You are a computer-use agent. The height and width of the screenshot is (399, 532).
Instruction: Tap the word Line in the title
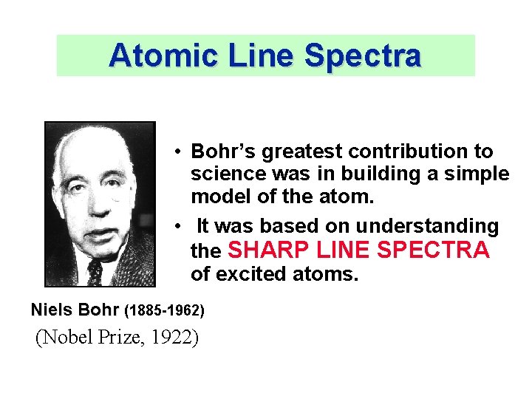[253, 55]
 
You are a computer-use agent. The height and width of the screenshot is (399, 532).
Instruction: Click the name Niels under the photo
[53, 308]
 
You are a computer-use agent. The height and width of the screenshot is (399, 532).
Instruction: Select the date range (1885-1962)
[164, 309]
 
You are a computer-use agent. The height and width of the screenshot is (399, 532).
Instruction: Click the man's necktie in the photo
[95, 272]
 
